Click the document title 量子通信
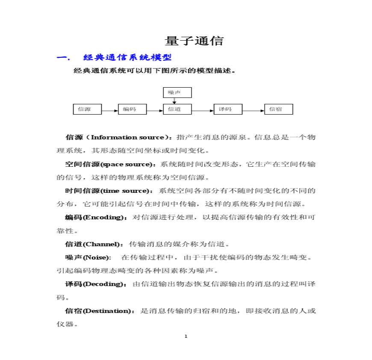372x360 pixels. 194,41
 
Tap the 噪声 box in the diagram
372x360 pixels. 177,92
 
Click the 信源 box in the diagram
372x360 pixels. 88,109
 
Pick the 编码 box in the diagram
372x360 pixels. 132,109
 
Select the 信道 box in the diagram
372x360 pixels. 177,109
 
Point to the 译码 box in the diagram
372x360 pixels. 228,109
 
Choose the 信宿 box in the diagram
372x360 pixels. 279,109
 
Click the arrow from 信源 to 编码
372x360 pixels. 110,111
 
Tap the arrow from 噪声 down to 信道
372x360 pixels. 174,101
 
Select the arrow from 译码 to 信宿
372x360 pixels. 254,111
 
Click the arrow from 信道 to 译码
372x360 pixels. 202,111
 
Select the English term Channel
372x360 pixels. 101,244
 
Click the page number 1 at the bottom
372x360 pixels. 186,336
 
